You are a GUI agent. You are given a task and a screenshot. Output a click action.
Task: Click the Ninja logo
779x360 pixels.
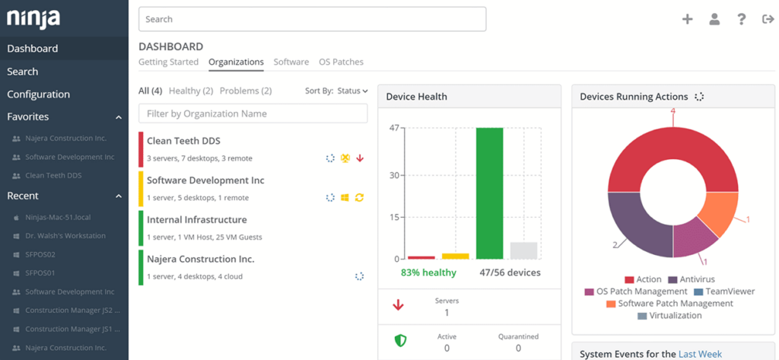coord(33,18)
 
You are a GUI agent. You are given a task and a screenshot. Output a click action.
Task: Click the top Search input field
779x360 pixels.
coord(312,19)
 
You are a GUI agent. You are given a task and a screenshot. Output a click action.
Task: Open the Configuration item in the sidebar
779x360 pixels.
coord(39,94)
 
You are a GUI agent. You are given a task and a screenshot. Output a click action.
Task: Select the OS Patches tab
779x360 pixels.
coord(341,62)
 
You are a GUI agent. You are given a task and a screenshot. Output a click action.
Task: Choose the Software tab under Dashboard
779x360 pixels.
coord(291,62)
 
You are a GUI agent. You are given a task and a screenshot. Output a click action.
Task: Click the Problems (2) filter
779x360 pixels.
coord(245,91)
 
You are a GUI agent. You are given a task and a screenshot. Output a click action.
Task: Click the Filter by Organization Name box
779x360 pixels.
coord(253,113)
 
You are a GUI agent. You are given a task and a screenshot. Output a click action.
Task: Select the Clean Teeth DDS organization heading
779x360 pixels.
coord(183,141)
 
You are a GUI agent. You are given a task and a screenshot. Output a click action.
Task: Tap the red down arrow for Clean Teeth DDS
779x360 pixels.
coord(360,158)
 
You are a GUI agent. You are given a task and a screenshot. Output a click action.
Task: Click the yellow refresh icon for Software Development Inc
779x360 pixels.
coord(359,198)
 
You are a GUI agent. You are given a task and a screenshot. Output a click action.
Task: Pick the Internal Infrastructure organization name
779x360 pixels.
coord(196,220)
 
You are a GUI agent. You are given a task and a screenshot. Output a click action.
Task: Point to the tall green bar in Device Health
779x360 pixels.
coord(489,193)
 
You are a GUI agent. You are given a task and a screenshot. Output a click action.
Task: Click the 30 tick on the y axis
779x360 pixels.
coord(394,175)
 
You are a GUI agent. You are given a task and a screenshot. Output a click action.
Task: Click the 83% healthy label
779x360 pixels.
coord(428,272)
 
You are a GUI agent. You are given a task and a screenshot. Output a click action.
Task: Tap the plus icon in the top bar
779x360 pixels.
coord(687,19)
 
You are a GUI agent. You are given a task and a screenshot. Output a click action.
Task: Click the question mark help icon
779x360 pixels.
coord(741,19)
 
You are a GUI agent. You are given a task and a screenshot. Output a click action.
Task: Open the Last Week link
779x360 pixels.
coord(699,354)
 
